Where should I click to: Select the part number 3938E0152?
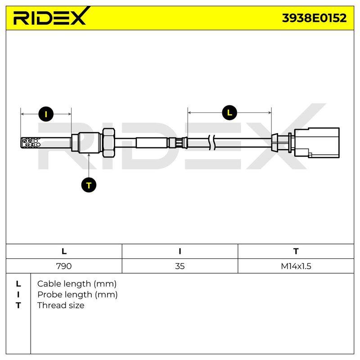(x=314, y=18)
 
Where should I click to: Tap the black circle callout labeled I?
(x=46, y=114)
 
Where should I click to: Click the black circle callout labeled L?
(x=229, y=112)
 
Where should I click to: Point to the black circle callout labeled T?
(x=89, y=185)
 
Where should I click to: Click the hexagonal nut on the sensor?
(x=108, y=143)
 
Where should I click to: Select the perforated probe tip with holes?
(x=31, y=143)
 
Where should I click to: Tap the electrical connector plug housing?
(x=317, y=143)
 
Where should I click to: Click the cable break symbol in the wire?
(x=212, y=143)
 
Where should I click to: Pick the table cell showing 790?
(x=64, y=266)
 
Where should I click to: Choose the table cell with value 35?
(x=180, y=266)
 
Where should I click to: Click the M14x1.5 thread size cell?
(x=296, y=266)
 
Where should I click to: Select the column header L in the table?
(x=64, y=252)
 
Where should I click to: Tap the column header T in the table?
(x=296, y=252)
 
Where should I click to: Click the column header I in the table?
(x=180, y=252)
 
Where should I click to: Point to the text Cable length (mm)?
(x=77, y=284)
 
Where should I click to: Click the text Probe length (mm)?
(x=77, y=295)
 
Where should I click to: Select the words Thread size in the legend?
(x=61, y=306)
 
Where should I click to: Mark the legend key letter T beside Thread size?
(x=18, y=306)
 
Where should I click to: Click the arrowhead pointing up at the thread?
(x=89, y=154)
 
